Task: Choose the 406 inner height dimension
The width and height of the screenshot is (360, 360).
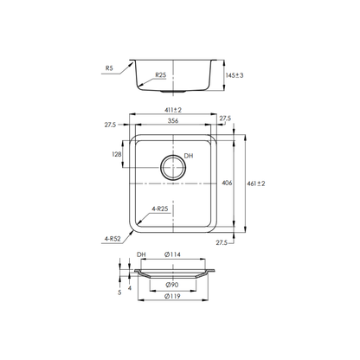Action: click(226, 183)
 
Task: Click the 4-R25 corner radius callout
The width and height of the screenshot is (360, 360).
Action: click(159, 209)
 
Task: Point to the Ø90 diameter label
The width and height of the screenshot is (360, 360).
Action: click(172, 284)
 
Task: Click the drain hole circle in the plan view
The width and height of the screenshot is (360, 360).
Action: click(170, 166)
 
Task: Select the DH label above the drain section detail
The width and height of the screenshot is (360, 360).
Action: click(141, 255)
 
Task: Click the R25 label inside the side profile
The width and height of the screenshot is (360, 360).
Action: click(161, 75)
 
